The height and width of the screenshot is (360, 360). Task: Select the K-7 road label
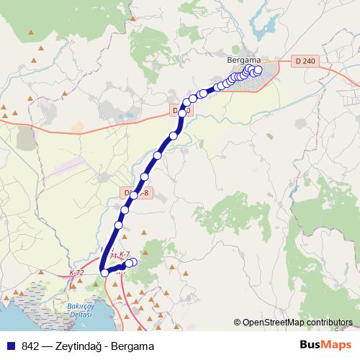(125, 254)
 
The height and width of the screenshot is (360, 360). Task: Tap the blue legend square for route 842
(11, 346)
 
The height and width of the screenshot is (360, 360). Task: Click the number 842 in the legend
(31, 346)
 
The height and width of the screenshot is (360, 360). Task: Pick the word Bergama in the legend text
(132, 346)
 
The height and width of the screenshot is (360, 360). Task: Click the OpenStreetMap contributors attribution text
(297, 323)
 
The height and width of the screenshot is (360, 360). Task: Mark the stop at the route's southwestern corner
(104, 272)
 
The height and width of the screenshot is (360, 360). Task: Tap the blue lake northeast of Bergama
(263, 25)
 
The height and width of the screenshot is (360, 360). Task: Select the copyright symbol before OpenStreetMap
(238, 323)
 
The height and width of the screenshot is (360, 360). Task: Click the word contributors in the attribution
(328, 323)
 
